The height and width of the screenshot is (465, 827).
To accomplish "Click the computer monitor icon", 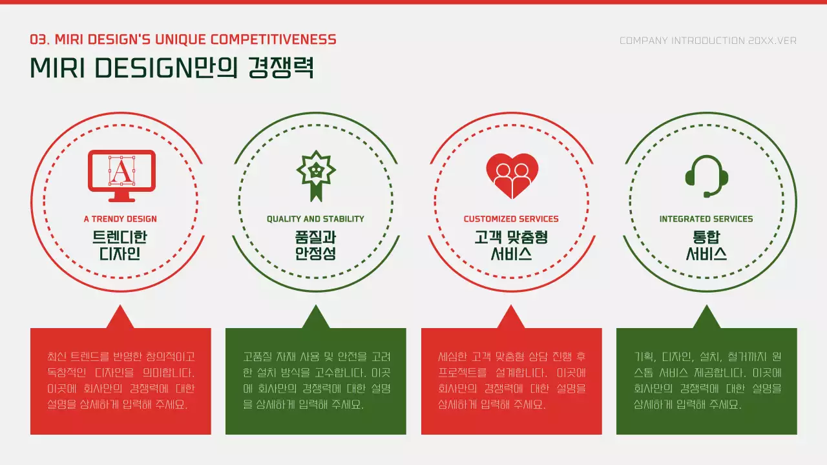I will click(121, 171).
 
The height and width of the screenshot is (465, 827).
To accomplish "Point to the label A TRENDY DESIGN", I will click(120, 219).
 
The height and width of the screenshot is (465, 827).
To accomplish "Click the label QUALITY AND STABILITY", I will click(315, 219).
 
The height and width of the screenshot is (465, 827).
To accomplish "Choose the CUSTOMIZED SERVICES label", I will click(511, 219).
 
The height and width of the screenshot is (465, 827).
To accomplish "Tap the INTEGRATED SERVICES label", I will click(706, 219).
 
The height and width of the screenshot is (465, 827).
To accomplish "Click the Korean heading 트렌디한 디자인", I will click(120, 245).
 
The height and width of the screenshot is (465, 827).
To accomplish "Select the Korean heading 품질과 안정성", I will click(315, 245).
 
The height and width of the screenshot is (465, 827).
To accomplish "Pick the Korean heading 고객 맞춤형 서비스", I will click(511, 245).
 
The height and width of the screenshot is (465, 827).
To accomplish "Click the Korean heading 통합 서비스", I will click(706, 245).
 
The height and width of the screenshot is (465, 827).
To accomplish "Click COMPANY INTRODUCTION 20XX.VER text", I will click(708, 41).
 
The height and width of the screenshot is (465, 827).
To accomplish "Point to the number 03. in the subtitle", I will click(40, 39).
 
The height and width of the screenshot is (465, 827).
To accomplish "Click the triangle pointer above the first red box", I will click(120, 318).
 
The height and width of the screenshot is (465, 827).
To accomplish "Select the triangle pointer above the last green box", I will click(706, 318).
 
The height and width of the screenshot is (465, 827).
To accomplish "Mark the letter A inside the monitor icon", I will click(121, 170).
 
